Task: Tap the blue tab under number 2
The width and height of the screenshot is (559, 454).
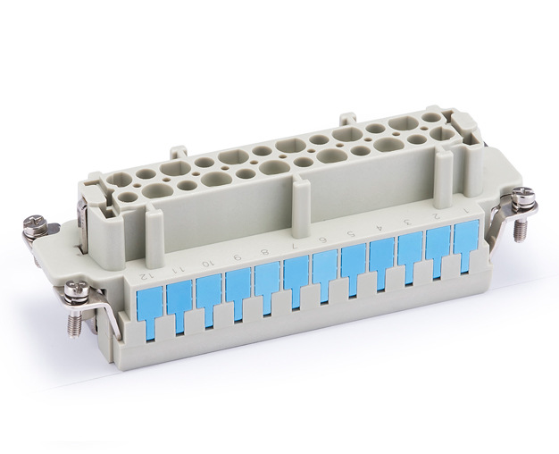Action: pos(438,246)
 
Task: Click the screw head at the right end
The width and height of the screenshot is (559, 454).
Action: pos(526,196)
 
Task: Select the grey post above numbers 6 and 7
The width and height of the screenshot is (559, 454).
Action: pos(301,206)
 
